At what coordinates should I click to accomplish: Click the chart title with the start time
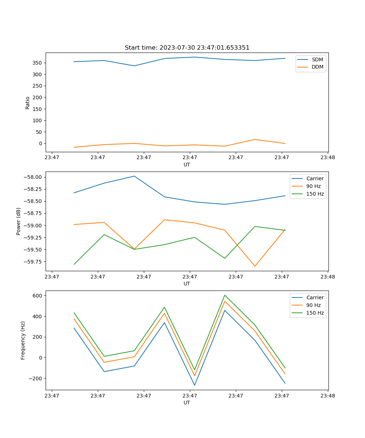click(x=187, y=48)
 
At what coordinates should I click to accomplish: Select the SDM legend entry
click(x=317, y=59)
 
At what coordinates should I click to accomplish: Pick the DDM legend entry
click(x=317, y=67)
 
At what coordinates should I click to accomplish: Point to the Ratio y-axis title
click(x=28, y=103)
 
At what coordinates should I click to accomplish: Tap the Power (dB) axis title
click(x=19, y=221)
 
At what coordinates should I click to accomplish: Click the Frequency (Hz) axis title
click(x=23, y=340)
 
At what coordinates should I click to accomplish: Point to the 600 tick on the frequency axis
click(x=38, y=295)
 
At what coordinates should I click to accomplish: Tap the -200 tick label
click(x=36, y=379)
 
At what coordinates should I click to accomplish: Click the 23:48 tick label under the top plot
click(x=327, y=158)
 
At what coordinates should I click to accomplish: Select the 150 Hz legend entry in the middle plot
click(x=315, y=194)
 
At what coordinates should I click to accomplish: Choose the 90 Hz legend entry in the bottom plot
click(x=314, y=305)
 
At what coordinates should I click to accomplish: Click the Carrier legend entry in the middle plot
click(x=315, y=179)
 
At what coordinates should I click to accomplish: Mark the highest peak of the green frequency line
click(x=225, y=295)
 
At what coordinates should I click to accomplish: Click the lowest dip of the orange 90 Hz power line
click(x=255, y=266)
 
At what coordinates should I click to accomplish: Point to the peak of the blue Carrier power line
click(x=134, y=176)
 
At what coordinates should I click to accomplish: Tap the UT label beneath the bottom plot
click(x=187, y=403)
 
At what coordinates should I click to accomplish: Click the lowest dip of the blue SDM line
click(x=134, y=66)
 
